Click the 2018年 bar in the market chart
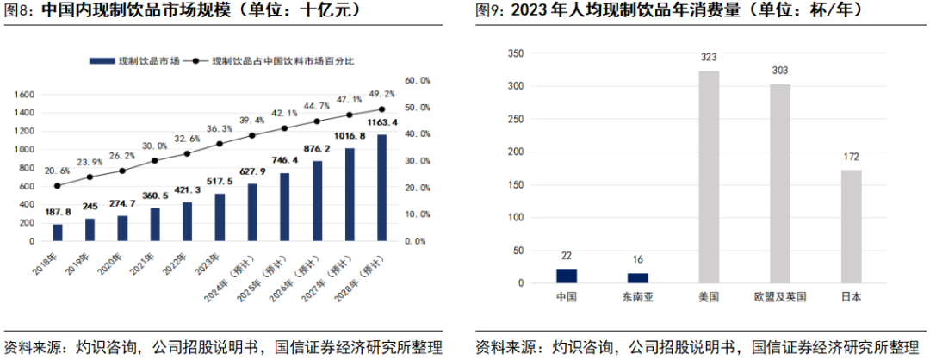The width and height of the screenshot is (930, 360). click(58, 232)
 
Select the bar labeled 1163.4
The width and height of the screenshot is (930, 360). click(382, 187)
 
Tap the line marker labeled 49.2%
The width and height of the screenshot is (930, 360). click(381, 109)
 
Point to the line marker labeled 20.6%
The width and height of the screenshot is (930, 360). click(58, 185)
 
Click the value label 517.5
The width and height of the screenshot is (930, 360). click(220, 184)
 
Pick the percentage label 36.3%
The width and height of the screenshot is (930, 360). click(220, 128)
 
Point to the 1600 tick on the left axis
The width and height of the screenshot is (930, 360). click(24, 94)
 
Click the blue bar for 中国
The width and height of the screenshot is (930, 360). click(566, 276)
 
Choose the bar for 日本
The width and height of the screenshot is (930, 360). click(851, 226)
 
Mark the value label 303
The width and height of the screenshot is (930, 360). click(779, 71)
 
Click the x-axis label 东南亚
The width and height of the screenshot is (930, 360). click(637, 296)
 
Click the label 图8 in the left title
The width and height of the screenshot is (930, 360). click(19, 11)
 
